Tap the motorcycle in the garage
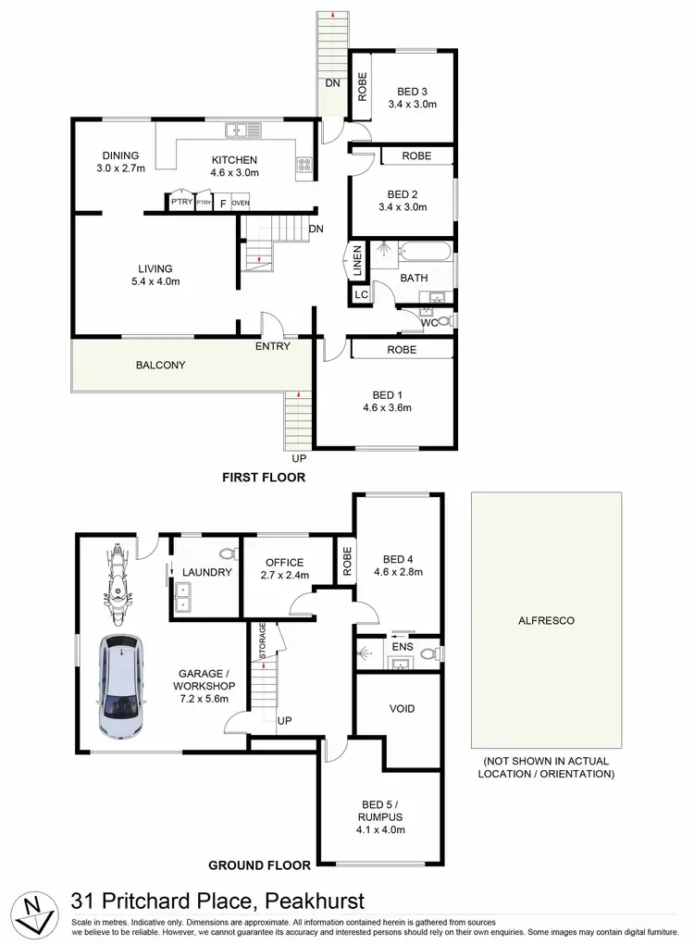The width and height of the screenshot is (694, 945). click(x=118, y=580)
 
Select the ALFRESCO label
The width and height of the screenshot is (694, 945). click(x=545, y=620)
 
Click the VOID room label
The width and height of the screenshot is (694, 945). click(x=402, y=709)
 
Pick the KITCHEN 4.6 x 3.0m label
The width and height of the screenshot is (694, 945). click(x=233, y=166)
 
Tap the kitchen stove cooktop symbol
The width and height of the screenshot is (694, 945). click(x=304, y=165)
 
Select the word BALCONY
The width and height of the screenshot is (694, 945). click(x=160, y=365)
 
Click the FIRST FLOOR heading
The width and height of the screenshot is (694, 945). click(x=263, y=478)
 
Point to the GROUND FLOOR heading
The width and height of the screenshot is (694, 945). click(x=258, y=865)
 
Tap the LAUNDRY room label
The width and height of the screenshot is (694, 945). click(x=206, y=572)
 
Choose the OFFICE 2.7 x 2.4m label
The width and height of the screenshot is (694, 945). click(x=285, y=568)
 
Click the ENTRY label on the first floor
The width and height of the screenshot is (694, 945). click(x=273, y=346)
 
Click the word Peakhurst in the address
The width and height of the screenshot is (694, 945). click(x=316, y=901)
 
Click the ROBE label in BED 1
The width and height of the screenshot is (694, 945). click(x=401, y=350)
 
